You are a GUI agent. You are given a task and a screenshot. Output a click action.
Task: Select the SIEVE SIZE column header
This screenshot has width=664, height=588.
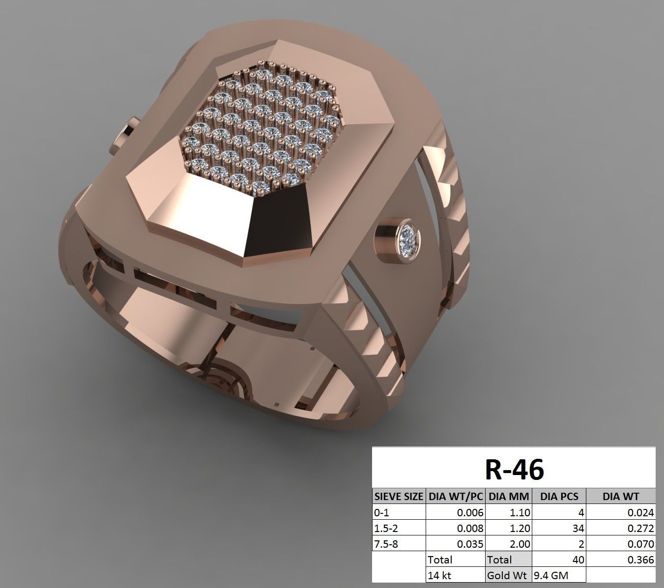[398, 496]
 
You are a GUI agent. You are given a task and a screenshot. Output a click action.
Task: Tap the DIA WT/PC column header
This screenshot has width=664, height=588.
[455, 496]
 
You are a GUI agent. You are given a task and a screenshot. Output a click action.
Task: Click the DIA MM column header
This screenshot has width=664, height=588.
[508, 496]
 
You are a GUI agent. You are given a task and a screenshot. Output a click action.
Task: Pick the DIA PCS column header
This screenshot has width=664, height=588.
[559, 496]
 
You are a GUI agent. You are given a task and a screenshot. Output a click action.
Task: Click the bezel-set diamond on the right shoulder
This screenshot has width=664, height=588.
[409, 238]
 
